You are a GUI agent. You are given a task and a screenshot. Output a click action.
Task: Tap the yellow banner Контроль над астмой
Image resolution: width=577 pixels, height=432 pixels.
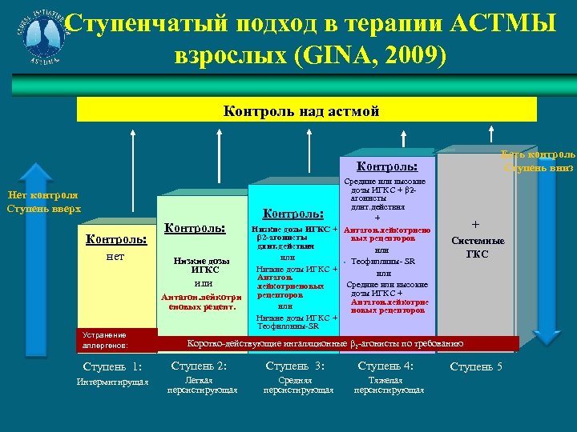coord(301,111)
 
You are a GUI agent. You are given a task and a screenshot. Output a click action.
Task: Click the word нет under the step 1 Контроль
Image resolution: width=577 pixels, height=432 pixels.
coord(116,258)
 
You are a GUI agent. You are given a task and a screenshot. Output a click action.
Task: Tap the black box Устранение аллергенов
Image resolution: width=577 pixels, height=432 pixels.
coord(115,340)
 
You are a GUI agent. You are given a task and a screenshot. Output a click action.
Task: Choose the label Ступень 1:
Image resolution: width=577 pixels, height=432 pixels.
coord(112,367)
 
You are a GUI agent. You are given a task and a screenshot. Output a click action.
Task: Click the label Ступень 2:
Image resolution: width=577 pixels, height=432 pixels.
coord(200,366)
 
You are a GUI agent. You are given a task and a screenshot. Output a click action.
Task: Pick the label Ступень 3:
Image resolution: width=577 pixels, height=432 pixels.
coord(295,366)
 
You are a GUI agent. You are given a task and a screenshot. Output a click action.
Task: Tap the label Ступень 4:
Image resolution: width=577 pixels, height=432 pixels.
coord(385,366)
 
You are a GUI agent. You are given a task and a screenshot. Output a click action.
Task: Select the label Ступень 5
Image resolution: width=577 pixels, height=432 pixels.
coord(476,366)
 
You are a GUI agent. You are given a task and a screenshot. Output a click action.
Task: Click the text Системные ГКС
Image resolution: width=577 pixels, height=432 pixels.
coord(478,246)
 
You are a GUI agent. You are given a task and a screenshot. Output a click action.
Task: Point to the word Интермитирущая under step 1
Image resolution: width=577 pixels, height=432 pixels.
coord(112,382)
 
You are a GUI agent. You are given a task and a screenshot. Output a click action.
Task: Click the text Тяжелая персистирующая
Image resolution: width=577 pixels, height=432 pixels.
coord(387,386)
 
